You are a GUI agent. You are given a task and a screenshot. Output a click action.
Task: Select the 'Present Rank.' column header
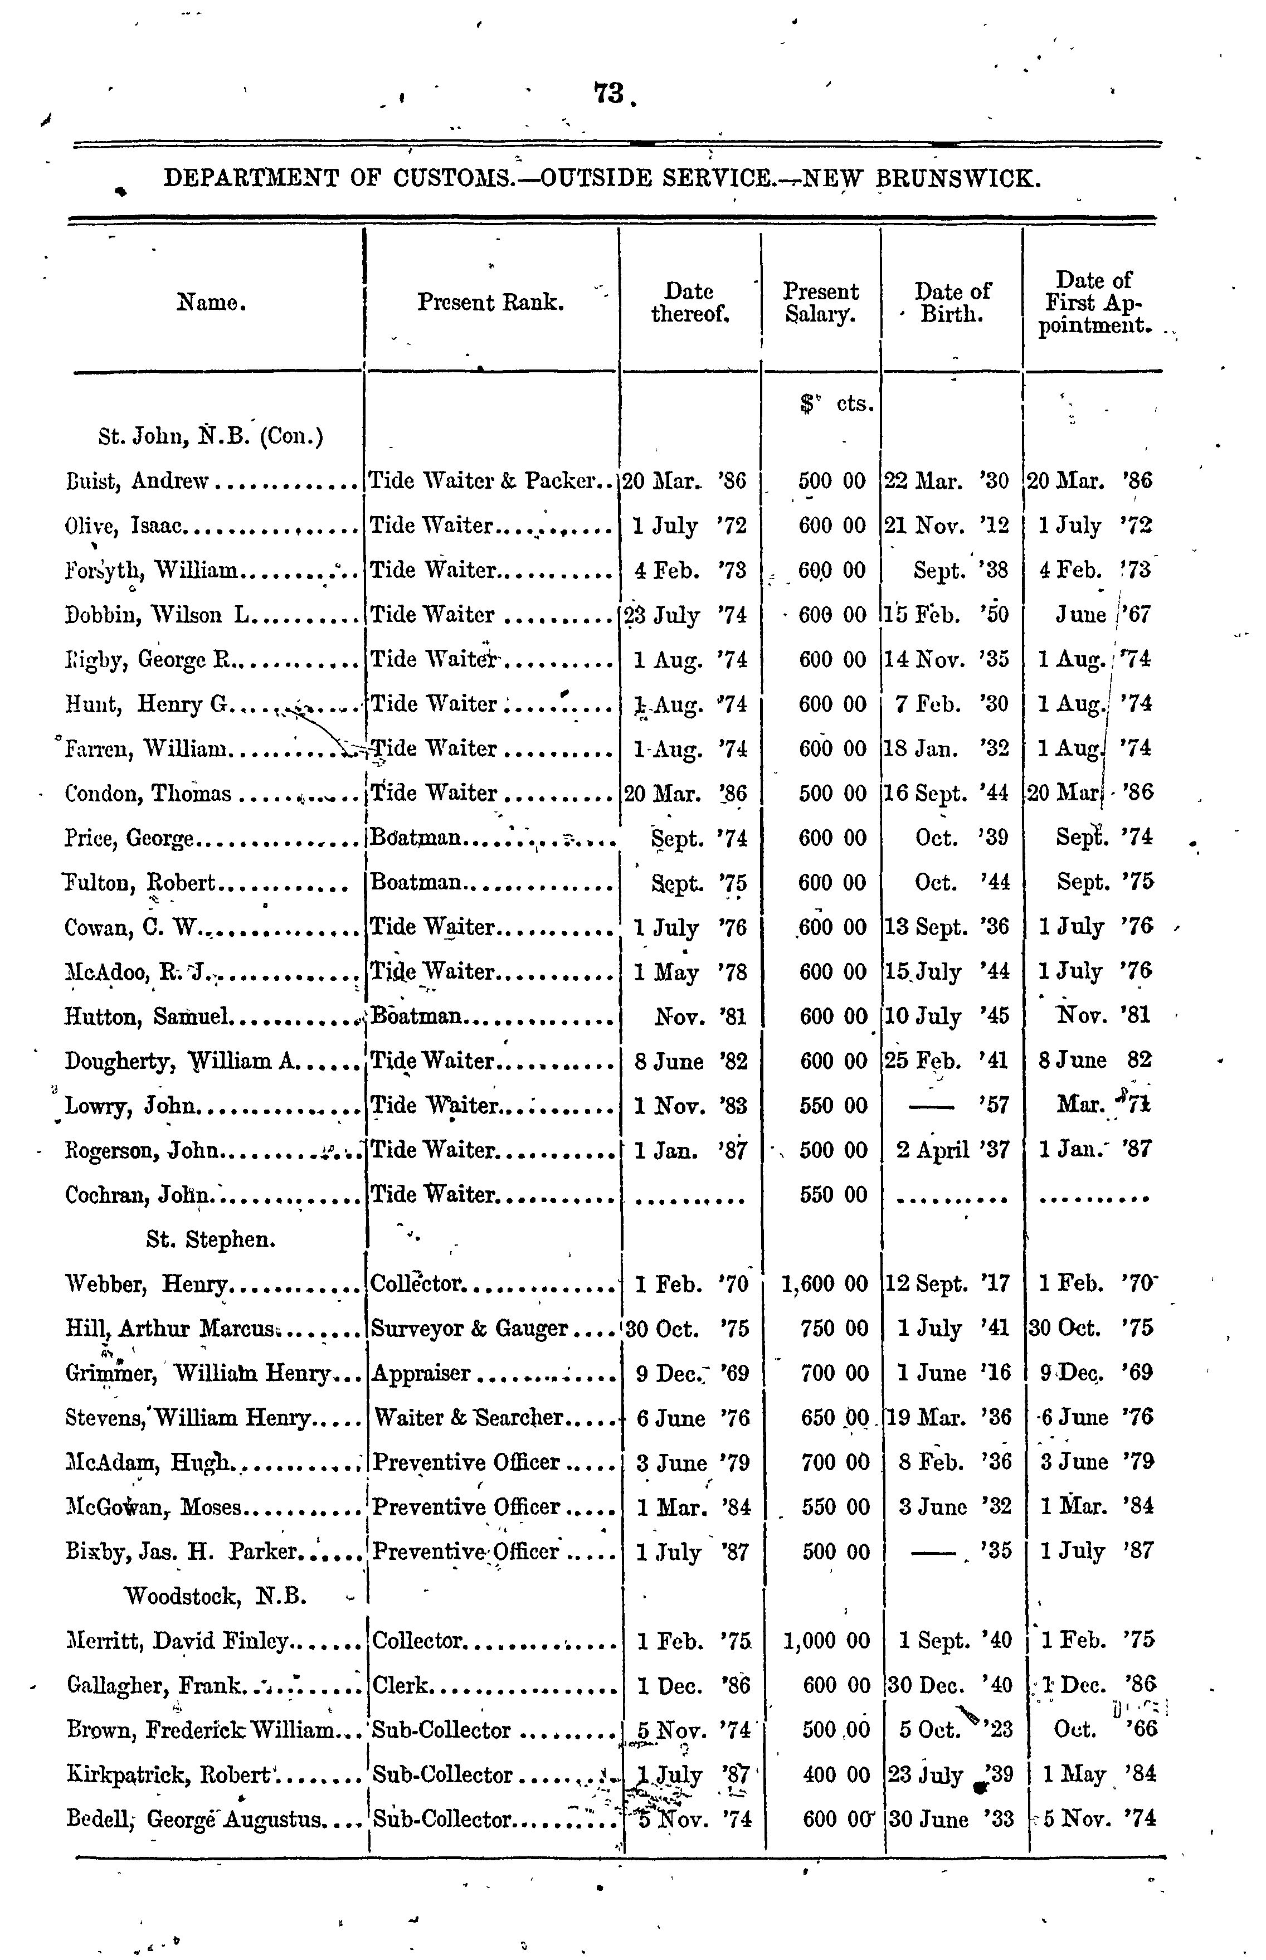point(490,303)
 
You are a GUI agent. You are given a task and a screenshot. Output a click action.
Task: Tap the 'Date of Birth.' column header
point(952,303)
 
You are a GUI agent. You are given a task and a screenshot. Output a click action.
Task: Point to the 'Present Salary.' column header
point(820,303)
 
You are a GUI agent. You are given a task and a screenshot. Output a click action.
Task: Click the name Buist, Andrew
point(138,481)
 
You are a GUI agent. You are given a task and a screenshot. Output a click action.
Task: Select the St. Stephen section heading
point(211,1239)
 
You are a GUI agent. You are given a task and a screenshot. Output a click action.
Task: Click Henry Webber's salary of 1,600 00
point(825,1283)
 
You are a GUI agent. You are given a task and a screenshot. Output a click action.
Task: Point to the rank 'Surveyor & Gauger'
point(469,1329)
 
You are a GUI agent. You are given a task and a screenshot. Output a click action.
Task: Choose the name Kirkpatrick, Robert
point(168,1775)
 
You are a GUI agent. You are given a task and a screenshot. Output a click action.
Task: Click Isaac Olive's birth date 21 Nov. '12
point(946,526)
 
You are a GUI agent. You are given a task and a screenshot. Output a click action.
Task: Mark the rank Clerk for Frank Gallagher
point(400,1685)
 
